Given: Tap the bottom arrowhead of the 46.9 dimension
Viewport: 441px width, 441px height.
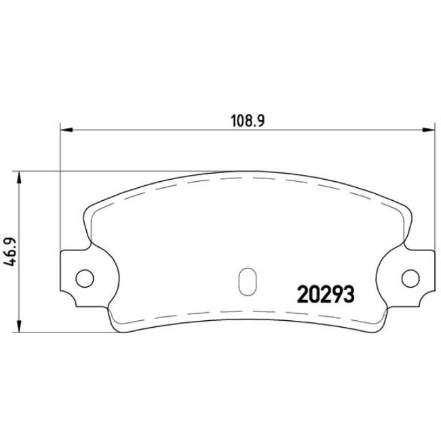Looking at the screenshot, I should pyautogui.click(x=19, y=324).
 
